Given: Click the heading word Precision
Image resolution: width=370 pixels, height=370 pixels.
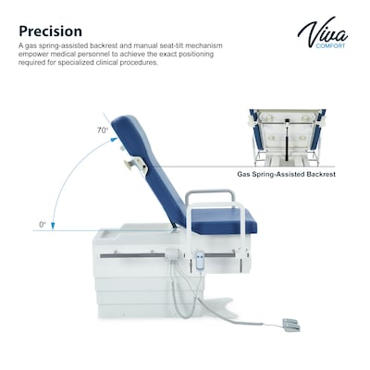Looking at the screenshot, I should [50, 32].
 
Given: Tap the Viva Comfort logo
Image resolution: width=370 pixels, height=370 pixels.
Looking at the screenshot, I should [322, 34].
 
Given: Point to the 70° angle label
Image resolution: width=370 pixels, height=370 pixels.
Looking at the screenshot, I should [102, 130].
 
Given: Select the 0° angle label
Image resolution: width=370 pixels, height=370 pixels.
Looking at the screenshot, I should [42, 224].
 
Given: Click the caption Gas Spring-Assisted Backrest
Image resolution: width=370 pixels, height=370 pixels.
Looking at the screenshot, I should [286, 173].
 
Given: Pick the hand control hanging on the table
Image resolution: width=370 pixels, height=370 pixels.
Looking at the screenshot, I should [200, 262].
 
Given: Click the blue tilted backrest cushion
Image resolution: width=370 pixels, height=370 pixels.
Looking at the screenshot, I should [145, 166].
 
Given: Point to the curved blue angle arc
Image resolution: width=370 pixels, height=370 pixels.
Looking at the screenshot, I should [65, 176].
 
